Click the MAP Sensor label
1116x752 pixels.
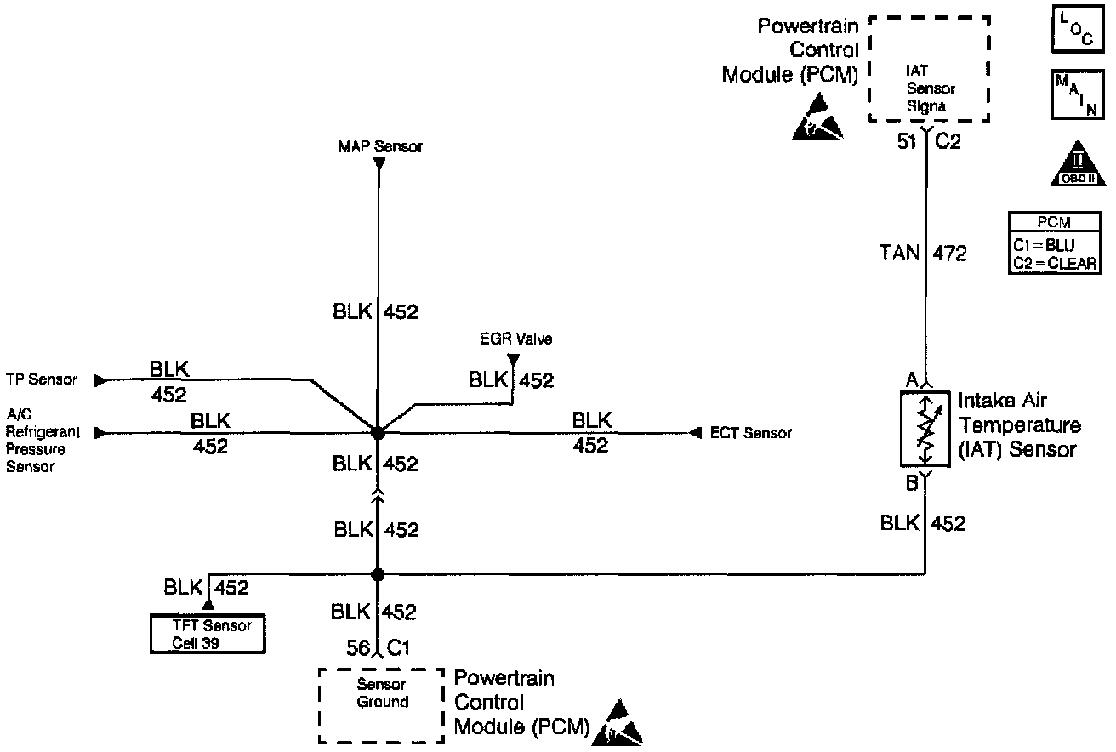tap(379, 147)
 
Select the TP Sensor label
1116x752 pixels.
tap(41, 380)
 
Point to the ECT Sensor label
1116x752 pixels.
tap(751, 433)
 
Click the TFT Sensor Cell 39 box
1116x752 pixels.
tap(208, 634)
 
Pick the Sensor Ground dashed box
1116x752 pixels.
tap(381, 705)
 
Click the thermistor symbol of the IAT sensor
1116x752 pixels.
tap(925, 429)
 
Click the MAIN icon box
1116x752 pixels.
tap(1074, 94)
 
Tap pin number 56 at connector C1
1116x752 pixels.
tap(358, 648)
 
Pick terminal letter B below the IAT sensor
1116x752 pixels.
tap(910, 484)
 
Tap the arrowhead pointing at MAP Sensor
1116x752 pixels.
tap(379, 162)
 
